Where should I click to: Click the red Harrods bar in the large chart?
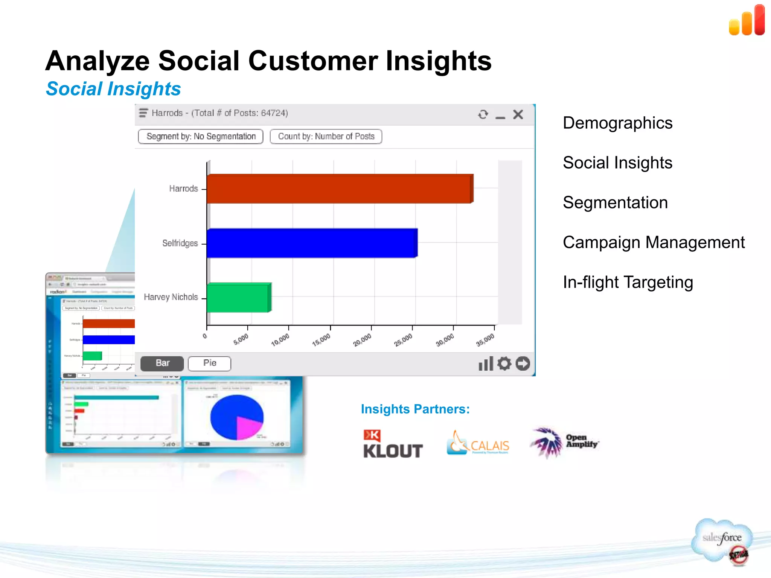coord(339,189)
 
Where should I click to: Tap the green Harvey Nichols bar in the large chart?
coord(239,298)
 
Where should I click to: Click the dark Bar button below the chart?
coord(162,363)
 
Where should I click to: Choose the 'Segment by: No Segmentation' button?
coord(201,136)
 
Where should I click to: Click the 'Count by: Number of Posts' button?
coord(326,136)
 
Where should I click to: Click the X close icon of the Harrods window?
coord(518,114)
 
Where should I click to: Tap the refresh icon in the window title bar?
coord(483,114)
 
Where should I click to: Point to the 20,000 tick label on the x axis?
coord(362,340)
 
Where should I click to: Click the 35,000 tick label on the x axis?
coord(485,340)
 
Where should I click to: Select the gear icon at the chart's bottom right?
coord(504,364)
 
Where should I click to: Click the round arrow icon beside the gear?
coord(523,364)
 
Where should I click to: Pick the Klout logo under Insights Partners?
coord(393,444)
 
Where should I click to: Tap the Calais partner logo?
coord(478,443)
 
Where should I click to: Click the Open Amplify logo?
coord(564,442)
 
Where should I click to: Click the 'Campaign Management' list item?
coord(654,242)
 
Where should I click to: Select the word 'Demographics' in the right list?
coord(617,123)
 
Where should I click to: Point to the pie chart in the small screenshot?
coord(237,417)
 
